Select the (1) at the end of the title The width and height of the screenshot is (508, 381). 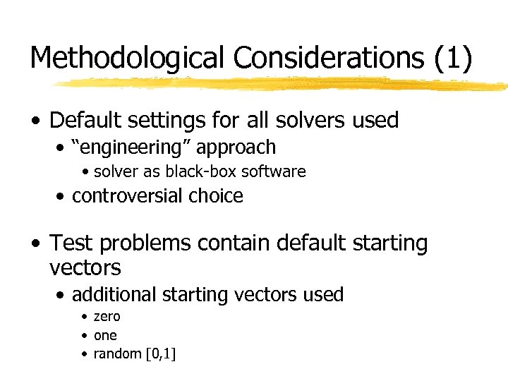(x=452, y=58)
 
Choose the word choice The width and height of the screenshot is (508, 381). (x=217, y=196)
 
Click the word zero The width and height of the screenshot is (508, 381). (x=107, y=317)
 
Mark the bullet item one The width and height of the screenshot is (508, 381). (x=105, y=336)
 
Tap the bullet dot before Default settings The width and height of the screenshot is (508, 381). (x=36, y=121)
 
